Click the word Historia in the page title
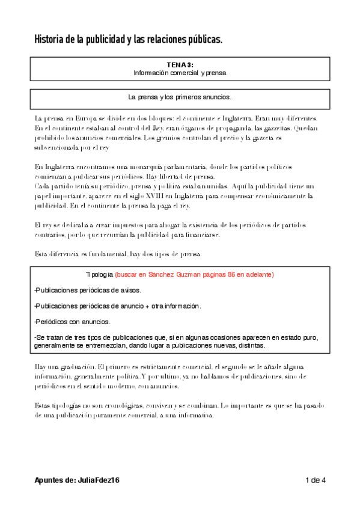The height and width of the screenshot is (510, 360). tap(49, 40)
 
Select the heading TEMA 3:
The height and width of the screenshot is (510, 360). tap(180, 64)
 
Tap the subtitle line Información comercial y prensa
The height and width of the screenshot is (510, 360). tap(180, 73)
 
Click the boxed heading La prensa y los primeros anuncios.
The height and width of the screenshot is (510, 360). tap(180, 97)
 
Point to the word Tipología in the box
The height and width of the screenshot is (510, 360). tap(99, 274)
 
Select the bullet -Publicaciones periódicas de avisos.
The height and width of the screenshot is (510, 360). tap(96, 290)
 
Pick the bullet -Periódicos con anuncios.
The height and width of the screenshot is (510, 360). tap(72, 322)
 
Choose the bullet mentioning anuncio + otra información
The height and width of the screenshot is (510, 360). tap(118, 306)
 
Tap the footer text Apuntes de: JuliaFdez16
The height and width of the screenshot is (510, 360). tap(78, 480)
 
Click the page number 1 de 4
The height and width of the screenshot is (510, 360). tap(316, 480)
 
